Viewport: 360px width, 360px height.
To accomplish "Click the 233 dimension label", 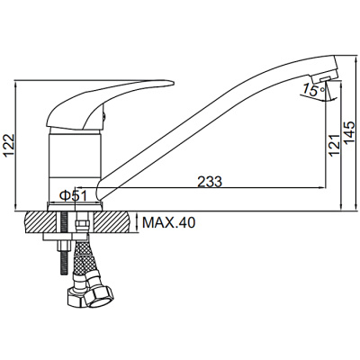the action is [210, 182].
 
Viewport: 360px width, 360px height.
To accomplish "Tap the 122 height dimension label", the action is [9, 146].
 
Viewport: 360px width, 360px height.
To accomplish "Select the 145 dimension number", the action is [350, 132].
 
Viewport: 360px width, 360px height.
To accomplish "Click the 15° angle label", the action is [313, 90].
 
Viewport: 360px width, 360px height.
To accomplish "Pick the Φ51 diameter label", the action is [73, 196].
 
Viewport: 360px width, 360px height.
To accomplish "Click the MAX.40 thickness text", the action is [168, 222].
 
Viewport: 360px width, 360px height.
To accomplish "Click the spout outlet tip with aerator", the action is [325, 73].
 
